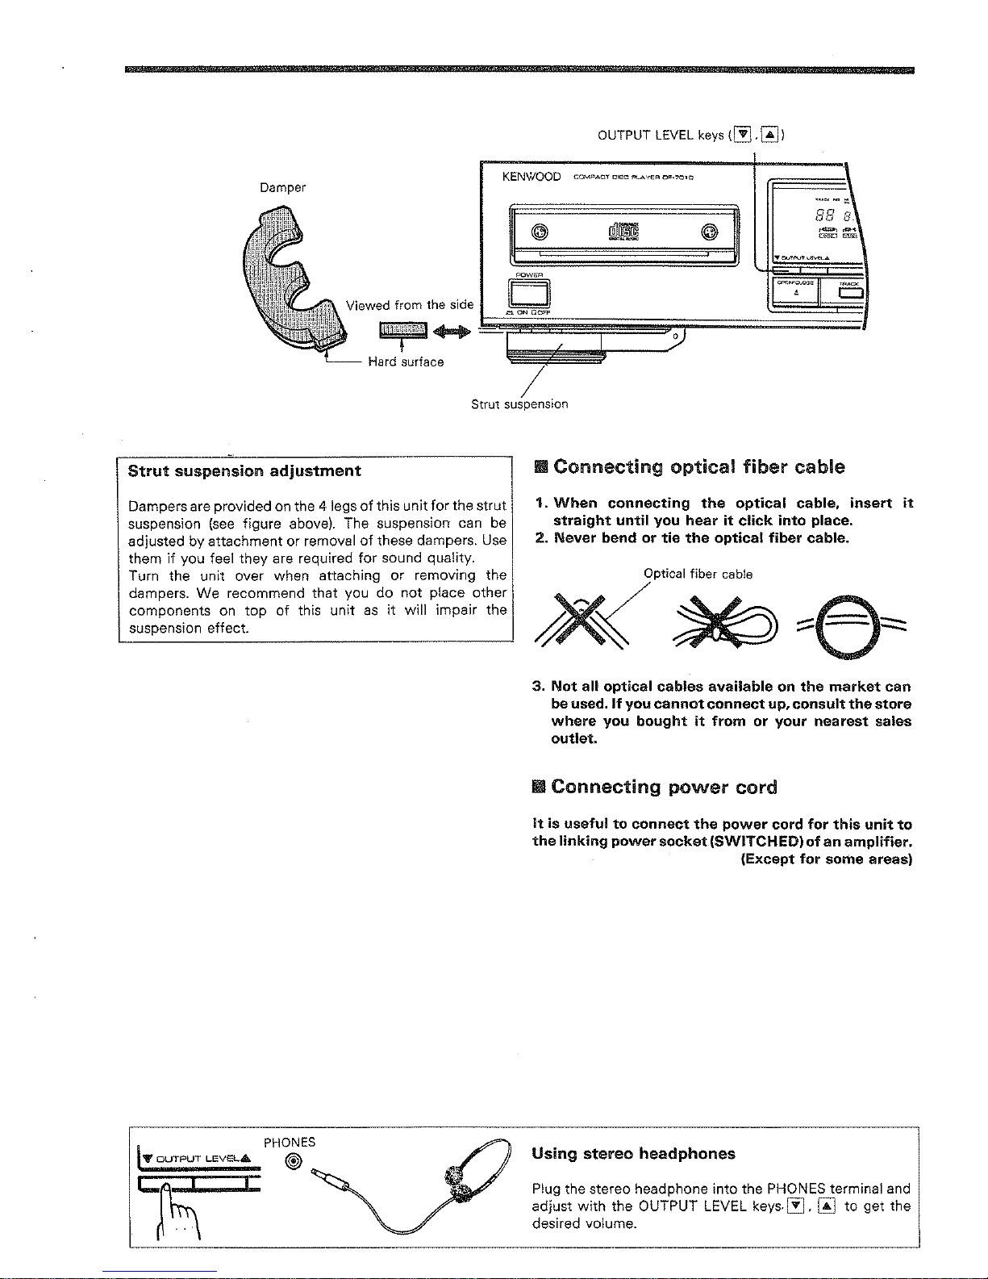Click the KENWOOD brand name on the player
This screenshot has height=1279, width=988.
(x=532, y=177)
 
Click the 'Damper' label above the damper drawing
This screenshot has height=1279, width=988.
(x=282, y=187)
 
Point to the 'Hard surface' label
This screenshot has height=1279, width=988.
(x=406, y=362)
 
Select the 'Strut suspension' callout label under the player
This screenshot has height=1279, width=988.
(x=519, y=403)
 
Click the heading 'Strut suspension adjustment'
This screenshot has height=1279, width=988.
(x=244, y=470)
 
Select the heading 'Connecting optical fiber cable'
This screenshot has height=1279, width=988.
(x=698, y=467)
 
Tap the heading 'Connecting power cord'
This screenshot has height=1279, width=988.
(x=664, y=787)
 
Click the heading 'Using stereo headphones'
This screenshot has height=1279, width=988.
(x=633, y=1153)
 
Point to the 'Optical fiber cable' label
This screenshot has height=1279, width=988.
(x=698, y=575)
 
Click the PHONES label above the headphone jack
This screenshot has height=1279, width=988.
(x=290, y=1142)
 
